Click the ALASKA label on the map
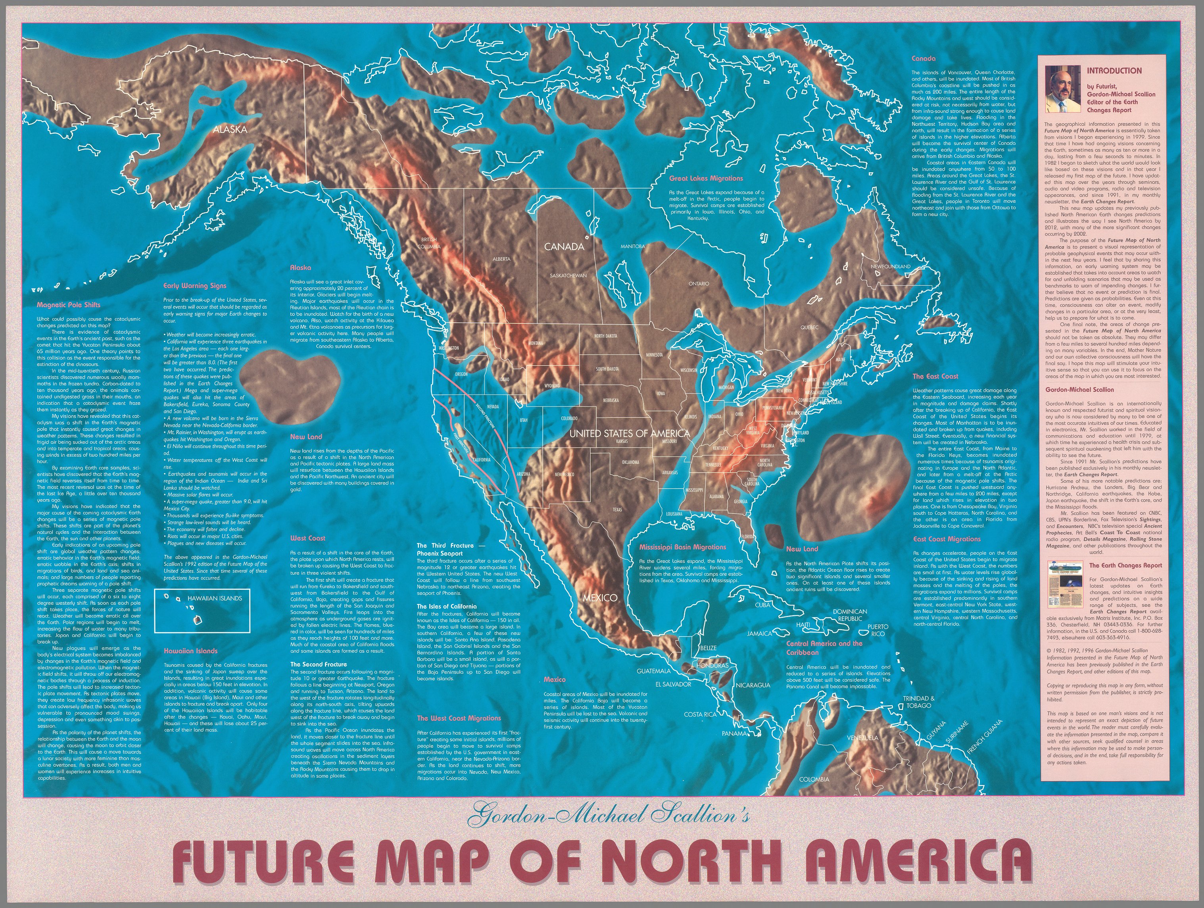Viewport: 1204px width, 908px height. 230,129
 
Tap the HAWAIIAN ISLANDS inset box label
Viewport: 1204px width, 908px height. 215,598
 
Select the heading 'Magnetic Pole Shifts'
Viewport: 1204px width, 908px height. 69,305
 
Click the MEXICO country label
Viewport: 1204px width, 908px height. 600,597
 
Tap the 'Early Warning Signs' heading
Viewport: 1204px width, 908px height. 195,285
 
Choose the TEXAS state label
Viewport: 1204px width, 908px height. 617,510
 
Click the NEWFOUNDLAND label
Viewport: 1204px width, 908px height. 891,266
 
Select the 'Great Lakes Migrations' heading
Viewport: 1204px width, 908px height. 706,178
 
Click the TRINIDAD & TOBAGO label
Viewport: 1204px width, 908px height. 919,702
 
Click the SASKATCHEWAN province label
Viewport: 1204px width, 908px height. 568,275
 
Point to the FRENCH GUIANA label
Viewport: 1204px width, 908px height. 984,737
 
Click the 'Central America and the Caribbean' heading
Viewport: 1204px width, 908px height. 824,647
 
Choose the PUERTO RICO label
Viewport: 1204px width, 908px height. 878,630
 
